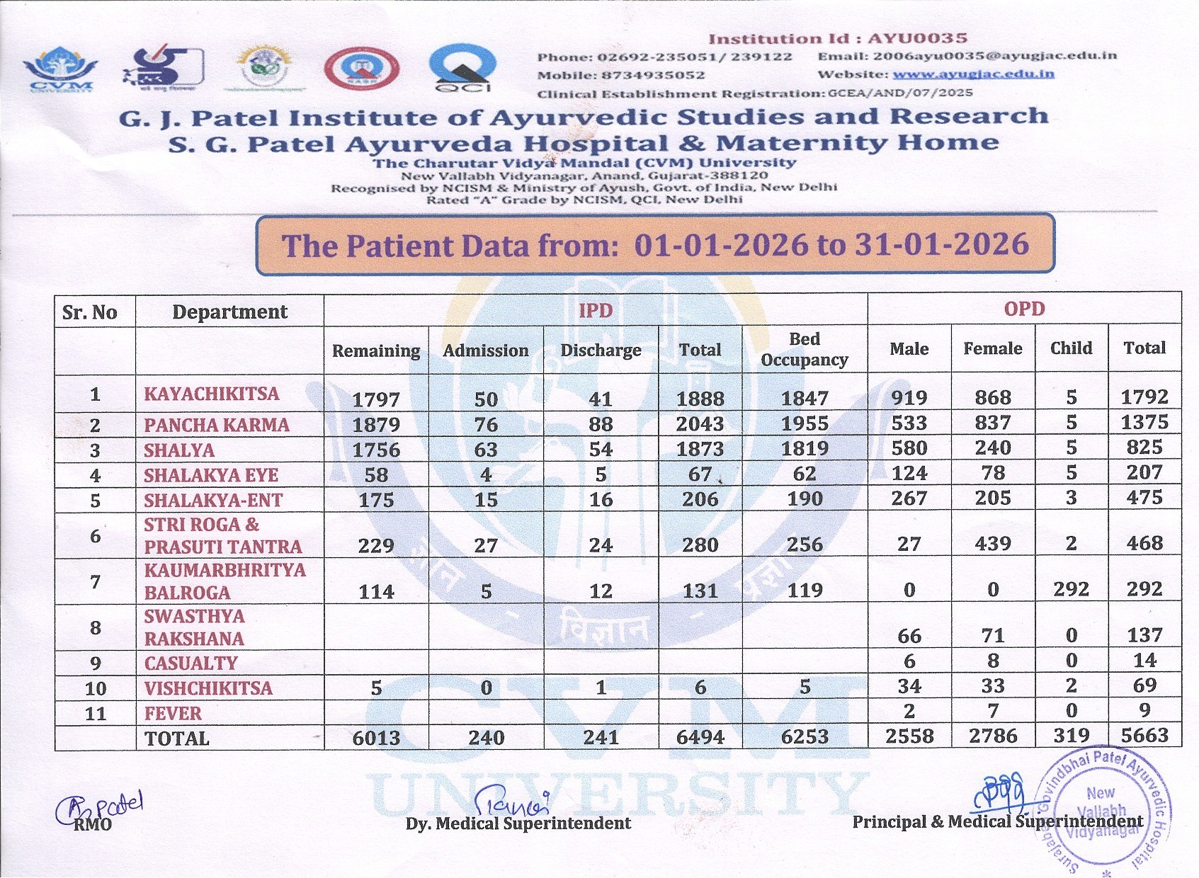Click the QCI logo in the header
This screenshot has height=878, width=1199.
click(462, 68)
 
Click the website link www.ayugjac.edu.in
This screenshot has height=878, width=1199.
click(973, 74)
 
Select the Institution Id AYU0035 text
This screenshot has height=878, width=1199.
click(838, 39)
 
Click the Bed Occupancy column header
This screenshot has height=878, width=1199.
click(805, 349)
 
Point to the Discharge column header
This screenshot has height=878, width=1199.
click(601, 350)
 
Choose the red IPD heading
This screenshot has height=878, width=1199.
click(596, 310)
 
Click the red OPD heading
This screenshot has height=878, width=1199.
click(1024, 309)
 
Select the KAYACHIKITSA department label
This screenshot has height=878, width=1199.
click(212, 394)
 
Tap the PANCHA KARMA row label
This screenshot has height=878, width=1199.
click(217, 425)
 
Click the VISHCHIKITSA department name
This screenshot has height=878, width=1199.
click(208, 688)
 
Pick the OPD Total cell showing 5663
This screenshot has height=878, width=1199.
click(1144, 735)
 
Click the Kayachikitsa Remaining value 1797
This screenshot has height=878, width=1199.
click(376, 399)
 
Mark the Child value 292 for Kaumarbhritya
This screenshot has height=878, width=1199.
click(1071, 589)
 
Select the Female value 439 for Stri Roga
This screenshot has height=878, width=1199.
click(993, 543)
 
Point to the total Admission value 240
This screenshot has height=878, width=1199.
click(486, 738)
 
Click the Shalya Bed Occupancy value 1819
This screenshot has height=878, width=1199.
click(805, 449)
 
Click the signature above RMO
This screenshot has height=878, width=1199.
click(99, 807)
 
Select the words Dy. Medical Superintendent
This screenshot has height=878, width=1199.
click(518, 823)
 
